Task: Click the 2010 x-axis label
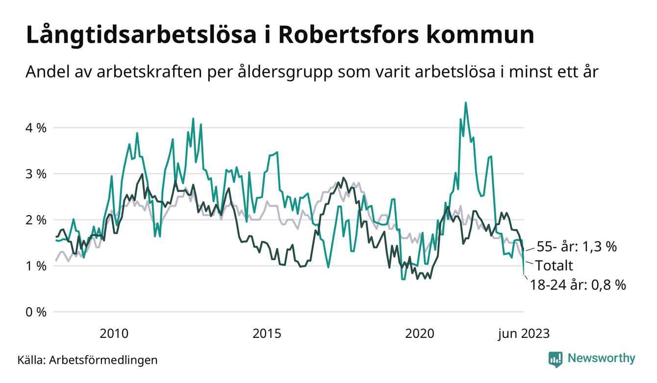[x=114, y=334]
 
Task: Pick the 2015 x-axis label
[x=267, y=334]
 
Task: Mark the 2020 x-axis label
[x=420, y=334]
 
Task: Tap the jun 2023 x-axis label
[x=524, y=334]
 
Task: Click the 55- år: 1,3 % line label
[x=576, y=247]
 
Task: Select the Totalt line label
[x=554, y=266]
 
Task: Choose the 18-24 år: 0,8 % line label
[x=578, y=285]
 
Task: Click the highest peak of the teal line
[x=465, y=103]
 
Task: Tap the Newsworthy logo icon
[x=556, y=359]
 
